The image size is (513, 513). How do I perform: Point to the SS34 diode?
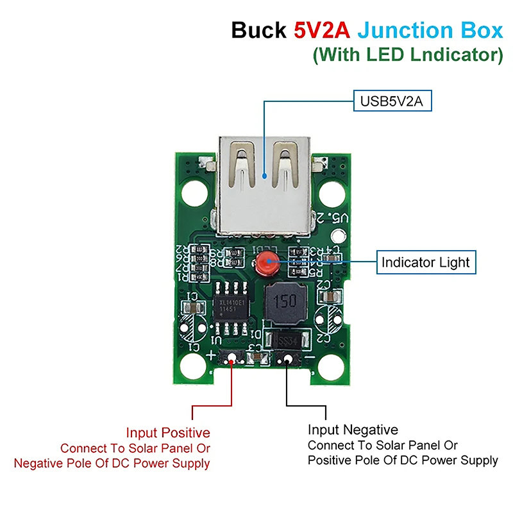click(286, 340)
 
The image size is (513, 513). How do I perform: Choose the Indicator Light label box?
click(426, 262)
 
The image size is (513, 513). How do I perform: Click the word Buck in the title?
click(259, 31)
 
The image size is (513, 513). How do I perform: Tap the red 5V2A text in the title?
click(322, 31)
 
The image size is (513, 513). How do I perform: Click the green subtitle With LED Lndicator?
click(408, 55)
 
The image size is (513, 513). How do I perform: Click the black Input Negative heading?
click(353, 430)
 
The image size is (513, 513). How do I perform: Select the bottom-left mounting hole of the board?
click(191, 367)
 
